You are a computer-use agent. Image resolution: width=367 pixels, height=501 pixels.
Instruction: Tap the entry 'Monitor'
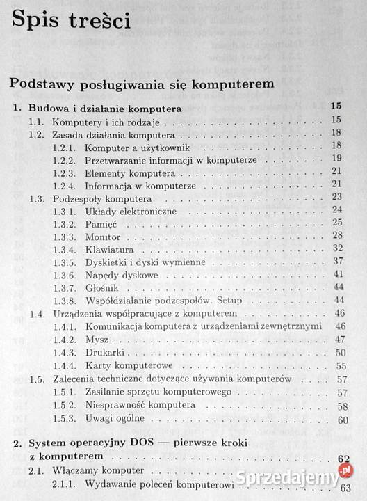click(102, 235)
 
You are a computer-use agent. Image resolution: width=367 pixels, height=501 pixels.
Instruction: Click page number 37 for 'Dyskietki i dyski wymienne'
click(339, 261)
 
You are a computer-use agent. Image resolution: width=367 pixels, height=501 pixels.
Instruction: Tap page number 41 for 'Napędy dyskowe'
click(339, 274)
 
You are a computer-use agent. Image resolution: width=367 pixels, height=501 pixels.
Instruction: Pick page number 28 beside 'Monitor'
click(339, 235)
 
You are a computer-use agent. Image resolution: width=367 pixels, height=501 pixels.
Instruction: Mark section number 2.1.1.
click(65, 486)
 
